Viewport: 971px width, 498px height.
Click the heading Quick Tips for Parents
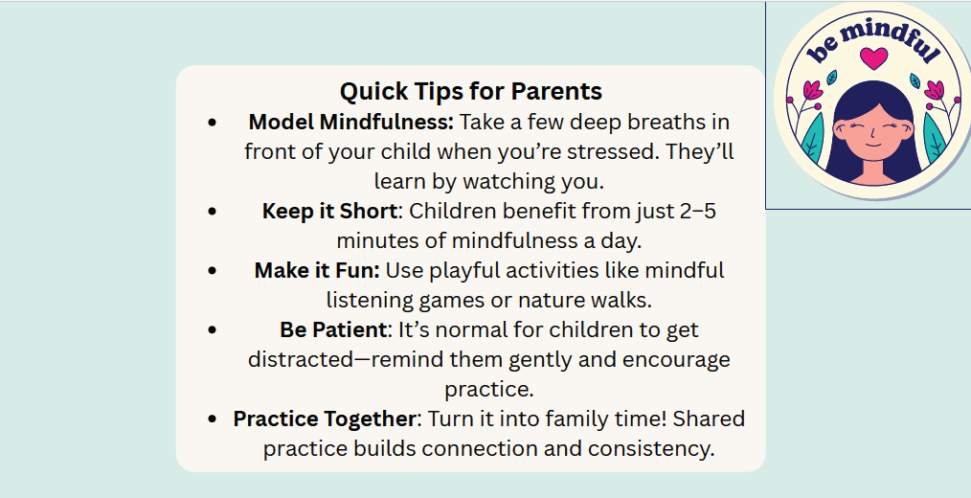[470, 92]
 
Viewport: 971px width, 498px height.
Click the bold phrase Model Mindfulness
[351, 122]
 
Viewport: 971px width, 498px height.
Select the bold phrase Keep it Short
[329, 212]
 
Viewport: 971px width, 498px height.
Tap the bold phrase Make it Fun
[317, 271]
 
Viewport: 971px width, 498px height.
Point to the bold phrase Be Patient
[333, 330]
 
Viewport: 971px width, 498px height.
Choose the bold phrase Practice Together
[324, 419]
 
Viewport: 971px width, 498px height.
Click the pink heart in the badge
[873, 58]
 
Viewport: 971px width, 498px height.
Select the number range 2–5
[697, 212]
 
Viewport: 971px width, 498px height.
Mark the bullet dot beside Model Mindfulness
[213, 122]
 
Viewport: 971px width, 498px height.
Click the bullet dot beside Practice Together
[213, 419]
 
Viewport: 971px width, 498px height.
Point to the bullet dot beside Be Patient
[213, 330]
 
